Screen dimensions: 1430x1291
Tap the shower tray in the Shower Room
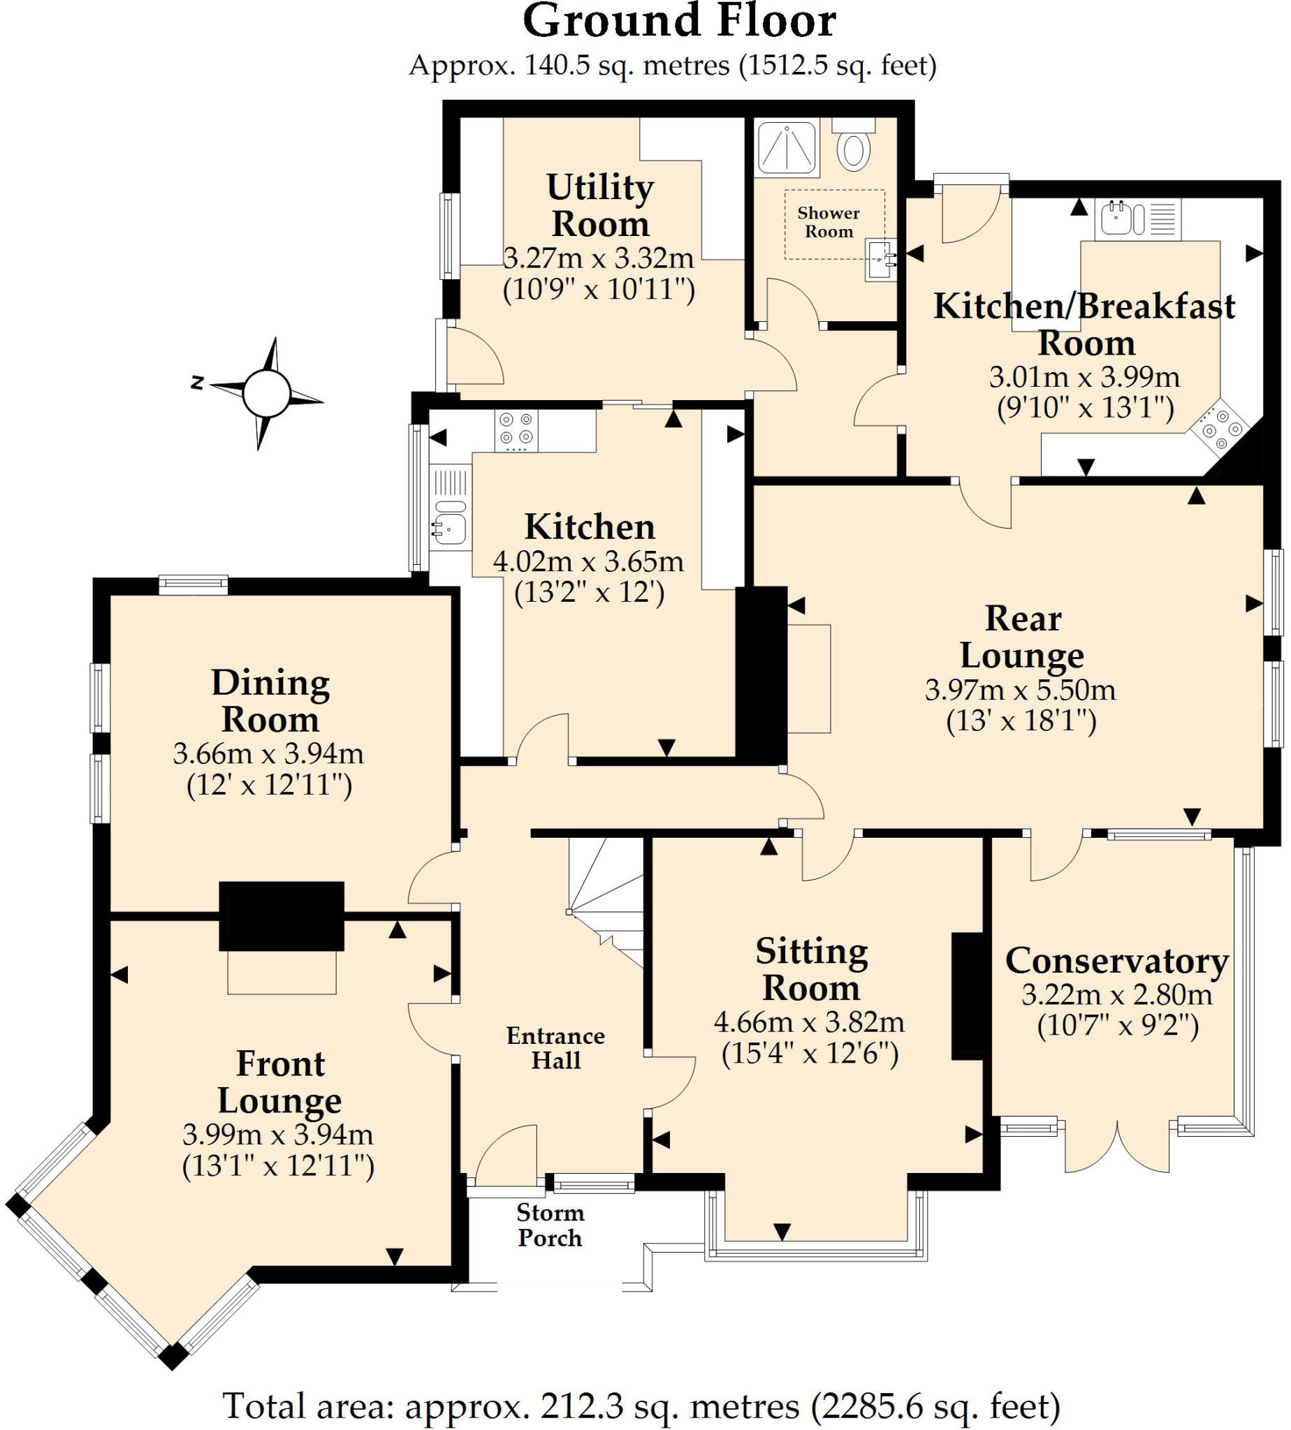[x=787, y=147]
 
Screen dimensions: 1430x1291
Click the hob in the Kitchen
[x=516, y=430]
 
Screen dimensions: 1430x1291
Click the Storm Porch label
[x=550, y=1225]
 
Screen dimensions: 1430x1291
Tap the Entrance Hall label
[x=555, y=1048]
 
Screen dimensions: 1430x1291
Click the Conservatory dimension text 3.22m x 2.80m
[x=1116, y=995]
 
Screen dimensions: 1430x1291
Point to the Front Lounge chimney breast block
[x=281, y=916]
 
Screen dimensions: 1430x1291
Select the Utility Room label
[x=600, y=205]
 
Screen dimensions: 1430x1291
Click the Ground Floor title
[x=679, y=21]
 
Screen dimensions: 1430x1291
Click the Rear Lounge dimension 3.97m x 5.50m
[x=1020, y=690]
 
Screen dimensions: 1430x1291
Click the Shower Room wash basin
[x=880, y=260]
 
